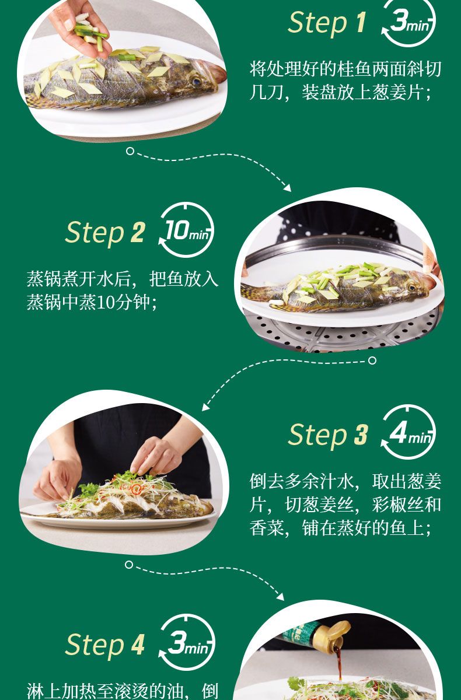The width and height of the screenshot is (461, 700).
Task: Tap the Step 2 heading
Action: pyautogui.click(x=105, y=233)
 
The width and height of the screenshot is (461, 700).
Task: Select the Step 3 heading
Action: pyautogui.click(x=328, y=435)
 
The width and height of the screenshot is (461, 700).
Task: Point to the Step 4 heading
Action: pyautogui.click(x=105, y=645)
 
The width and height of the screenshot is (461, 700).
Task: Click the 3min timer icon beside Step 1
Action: pyautogui.click(x=408, y=23)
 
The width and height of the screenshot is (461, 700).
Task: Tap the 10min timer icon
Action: pyautogui.click(x=186, y=230)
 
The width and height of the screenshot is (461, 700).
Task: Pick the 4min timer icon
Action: pyautogui.click(x=408, y=432)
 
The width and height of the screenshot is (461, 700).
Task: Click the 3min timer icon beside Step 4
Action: pyautogui.click(x=187, y=642)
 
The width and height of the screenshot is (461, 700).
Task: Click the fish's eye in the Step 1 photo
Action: pyautogui.click(x=197, y=82)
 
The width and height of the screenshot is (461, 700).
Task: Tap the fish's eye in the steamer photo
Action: pyautogui.click(x=412, y=287)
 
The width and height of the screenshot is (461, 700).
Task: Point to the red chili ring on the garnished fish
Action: pyautogui.click(x=136, y=489)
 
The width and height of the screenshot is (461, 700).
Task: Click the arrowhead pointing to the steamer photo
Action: pyautogui.click(x=287, y=188)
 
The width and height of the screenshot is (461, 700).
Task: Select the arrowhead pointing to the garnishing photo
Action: pyautogui.click(x=205, y=407)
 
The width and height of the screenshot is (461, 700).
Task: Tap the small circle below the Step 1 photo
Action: pyautogui.click(x=130, y=151)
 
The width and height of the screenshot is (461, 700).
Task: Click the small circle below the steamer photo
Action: pyautogui.click(x=372, y=360)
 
